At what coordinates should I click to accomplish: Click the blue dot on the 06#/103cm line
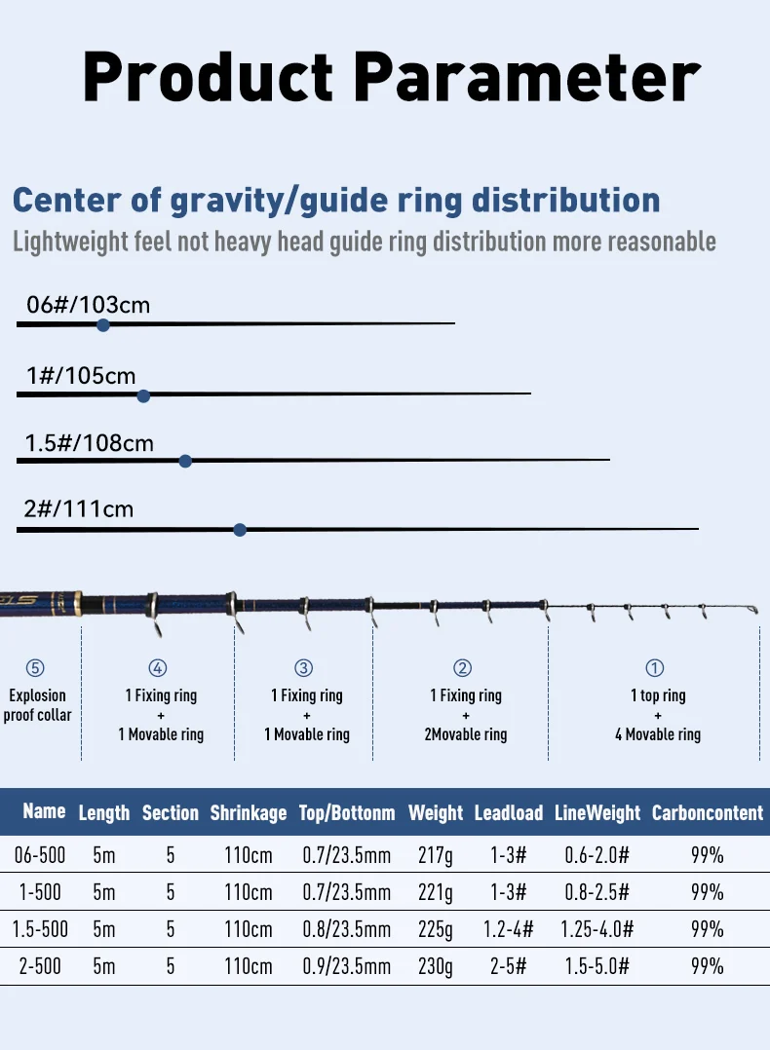(103, 325)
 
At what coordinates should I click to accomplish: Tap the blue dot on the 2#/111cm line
(240, 530)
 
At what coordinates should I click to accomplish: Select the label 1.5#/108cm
(90, 443)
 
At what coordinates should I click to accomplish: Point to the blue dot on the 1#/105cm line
(143, 395)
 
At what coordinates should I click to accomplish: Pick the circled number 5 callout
(35, 668)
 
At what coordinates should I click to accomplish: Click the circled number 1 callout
(655, 668)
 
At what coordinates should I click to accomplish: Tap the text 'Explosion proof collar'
(37, 705)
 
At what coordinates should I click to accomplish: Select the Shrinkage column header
(249, 812)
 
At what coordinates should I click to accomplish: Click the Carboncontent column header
(708, 812)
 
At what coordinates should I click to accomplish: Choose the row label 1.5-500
(41, 928)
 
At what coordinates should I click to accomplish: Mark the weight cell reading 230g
(435, 965)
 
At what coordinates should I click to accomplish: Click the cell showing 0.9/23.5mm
(347, 965)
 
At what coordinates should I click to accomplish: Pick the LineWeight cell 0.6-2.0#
(597, 855)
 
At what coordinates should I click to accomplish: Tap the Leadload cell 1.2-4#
(509, 928)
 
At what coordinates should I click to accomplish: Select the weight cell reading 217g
(435, 855)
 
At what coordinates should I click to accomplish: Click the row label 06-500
(41, 855)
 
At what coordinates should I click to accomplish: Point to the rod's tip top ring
(750, 611)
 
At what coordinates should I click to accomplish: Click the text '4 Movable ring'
(658, 734)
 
